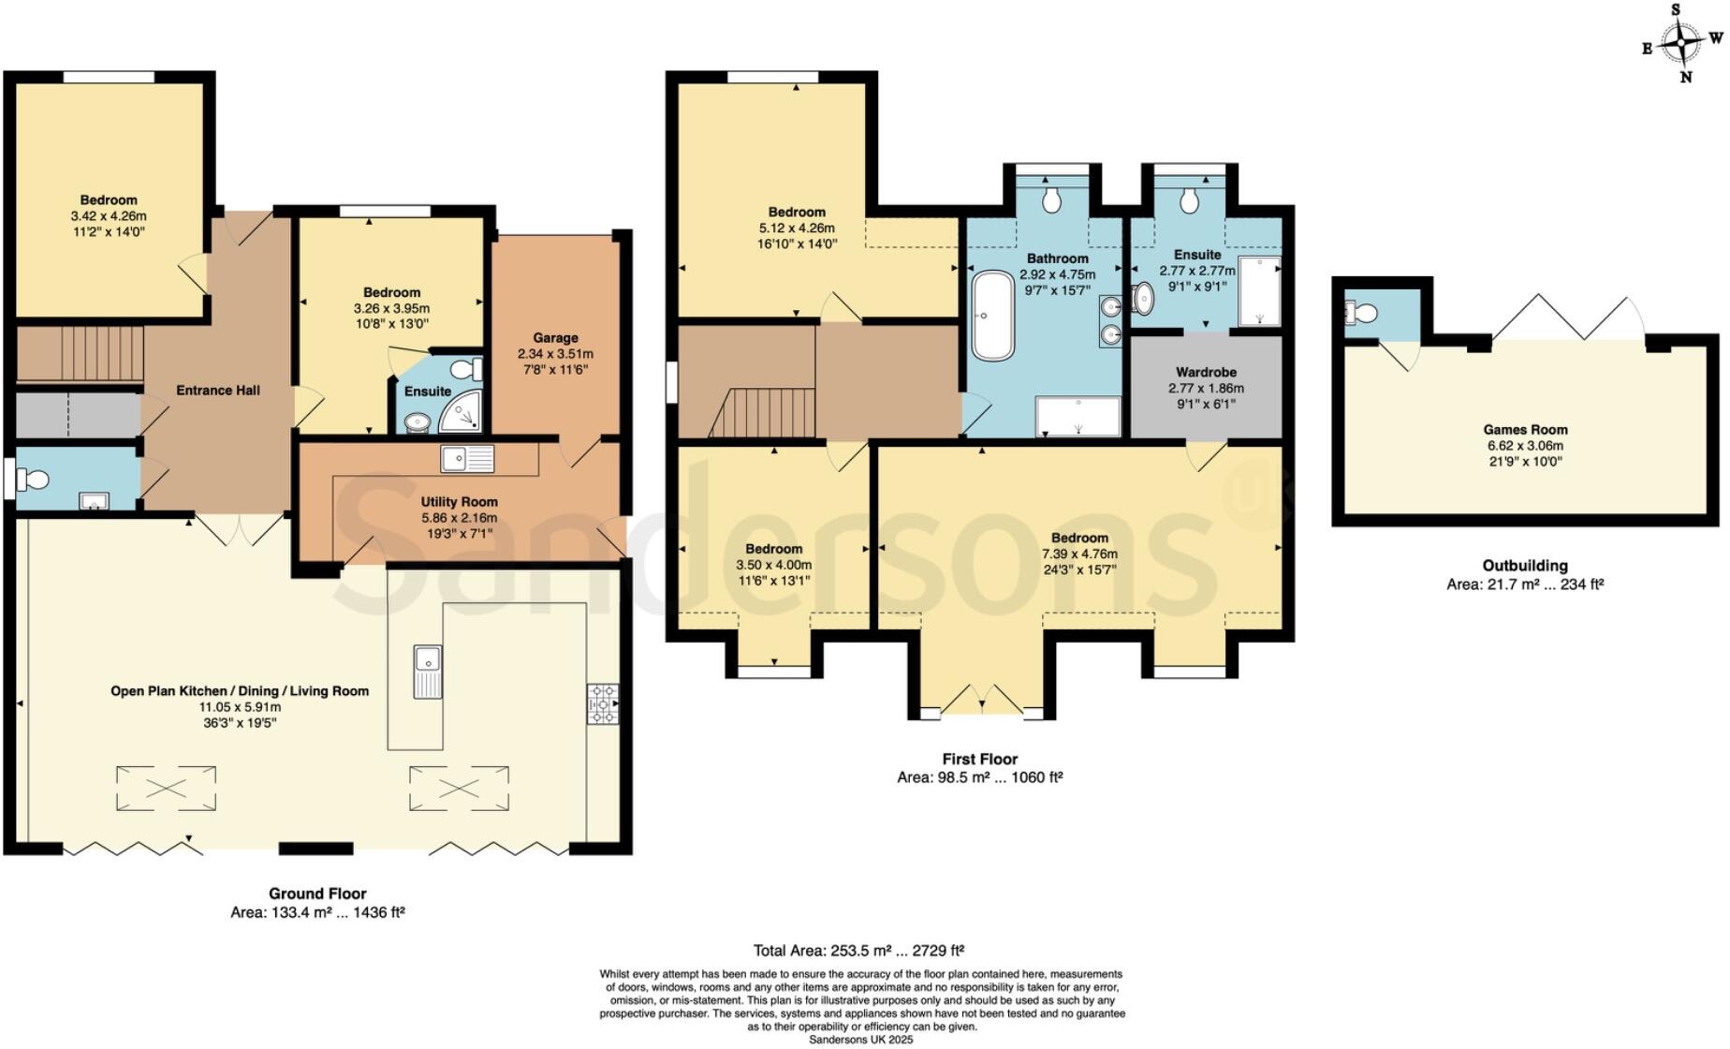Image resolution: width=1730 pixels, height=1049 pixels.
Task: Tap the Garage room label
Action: click(x=555, y=338)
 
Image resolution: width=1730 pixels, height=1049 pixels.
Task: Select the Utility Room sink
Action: click(x=468, y=459)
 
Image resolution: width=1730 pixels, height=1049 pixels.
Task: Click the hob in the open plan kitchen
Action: click(x=602, y=703)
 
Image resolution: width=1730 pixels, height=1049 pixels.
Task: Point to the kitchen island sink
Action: click(x=428, y=672)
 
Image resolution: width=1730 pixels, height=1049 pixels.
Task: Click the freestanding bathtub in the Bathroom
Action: click(x=992, y=316)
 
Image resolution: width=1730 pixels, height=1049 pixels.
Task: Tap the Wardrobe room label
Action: click(x=1206, y=373)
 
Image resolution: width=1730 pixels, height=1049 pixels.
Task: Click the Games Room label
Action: click(x=1525, y=430)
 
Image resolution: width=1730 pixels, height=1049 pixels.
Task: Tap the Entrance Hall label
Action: click(x=218, y=391)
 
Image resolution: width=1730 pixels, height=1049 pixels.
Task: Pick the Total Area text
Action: click(x=858, y=950)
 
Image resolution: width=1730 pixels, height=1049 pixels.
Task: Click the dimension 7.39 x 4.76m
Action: click(x=1078, y=554)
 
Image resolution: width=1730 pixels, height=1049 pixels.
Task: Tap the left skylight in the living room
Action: click(x=166, y=788)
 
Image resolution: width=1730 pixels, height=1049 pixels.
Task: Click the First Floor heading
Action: click(x=979, y=759)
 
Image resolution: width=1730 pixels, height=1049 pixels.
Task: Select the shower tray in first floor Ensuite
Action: click(x=1258, y=291)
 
